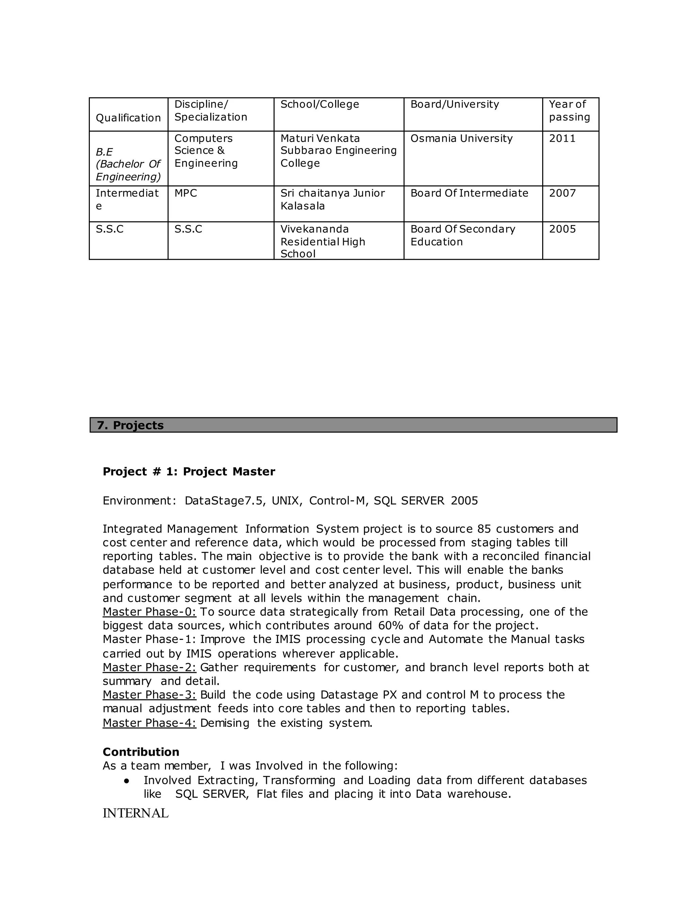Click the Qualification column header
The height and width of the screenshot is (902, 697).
(x=128, y=118)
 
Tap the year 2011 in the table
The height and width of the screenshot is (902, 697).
(x=562, y=138)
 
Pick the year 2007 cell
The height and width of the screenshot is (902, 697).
(x=562, y=193)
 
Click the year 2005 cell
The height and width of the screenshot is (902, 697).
(x=562, y=229)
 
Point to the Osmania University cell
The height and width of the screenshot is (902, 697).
(x=461, y=138)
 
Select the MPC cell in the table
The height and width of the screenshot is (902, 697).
(x=185, y=193)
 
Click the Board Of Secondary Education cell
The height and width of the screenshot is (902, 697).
(x=463, y=236)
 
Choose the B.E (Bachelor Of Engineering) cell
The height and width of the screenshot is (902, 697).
(x=128, y=164)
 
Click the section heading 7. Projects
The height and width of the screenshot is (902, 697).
(x=130, y=425)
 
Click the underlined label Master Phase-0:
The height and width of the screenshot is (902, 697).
(x=149, y=612)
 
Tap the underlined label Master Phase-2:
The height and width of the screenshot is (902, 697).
(x=149, y=667)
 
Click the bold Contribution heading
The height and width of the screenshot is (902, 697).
(x=141, y=752)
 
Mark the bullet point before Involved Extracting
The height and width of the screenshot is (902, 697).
(x=127, y=781)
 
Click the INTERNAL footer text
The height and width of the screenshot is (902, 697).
(x=135, y=814)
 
